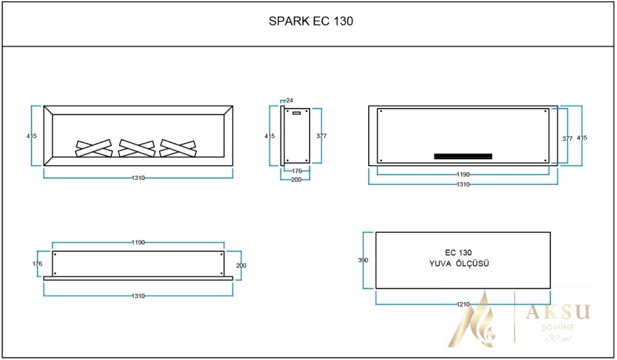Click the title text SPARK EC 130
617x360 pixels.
point(311,21)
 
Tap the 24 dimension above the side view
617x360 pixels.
point(290,100)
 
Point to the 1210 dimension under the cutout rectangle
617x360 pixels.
point(463,305)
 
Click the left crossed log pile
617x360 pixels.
point(94,148)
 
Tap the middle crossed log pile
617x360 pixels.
point(138,148)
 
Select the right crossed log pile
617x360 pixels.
point(179,148)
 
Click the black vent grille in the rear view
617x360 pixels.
point(463,156)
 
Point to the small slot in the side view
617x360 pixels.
point(295,114)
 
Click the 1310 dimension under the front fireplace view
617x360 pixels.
point(138,178)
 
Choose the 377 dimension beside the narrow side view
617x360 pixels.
point(321,136)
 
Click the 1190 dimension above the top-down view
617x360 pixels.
point(138,242)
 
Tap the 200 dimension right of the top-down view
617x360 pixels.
point(241,266)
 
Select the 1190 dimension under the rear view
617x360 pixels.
point(463,175)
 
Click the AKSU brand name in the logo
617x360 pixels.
point(558,311)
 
